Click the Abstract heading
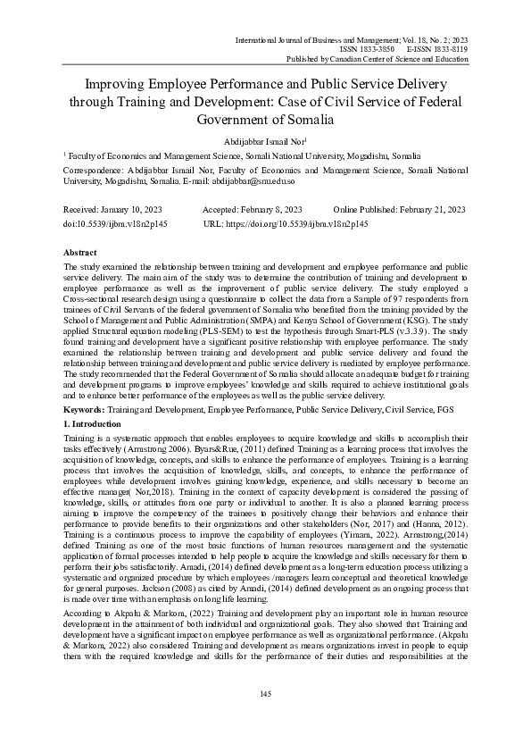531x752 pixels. (82, 253)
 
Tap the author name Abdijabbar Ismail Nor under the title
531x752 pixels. (264, 140)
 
